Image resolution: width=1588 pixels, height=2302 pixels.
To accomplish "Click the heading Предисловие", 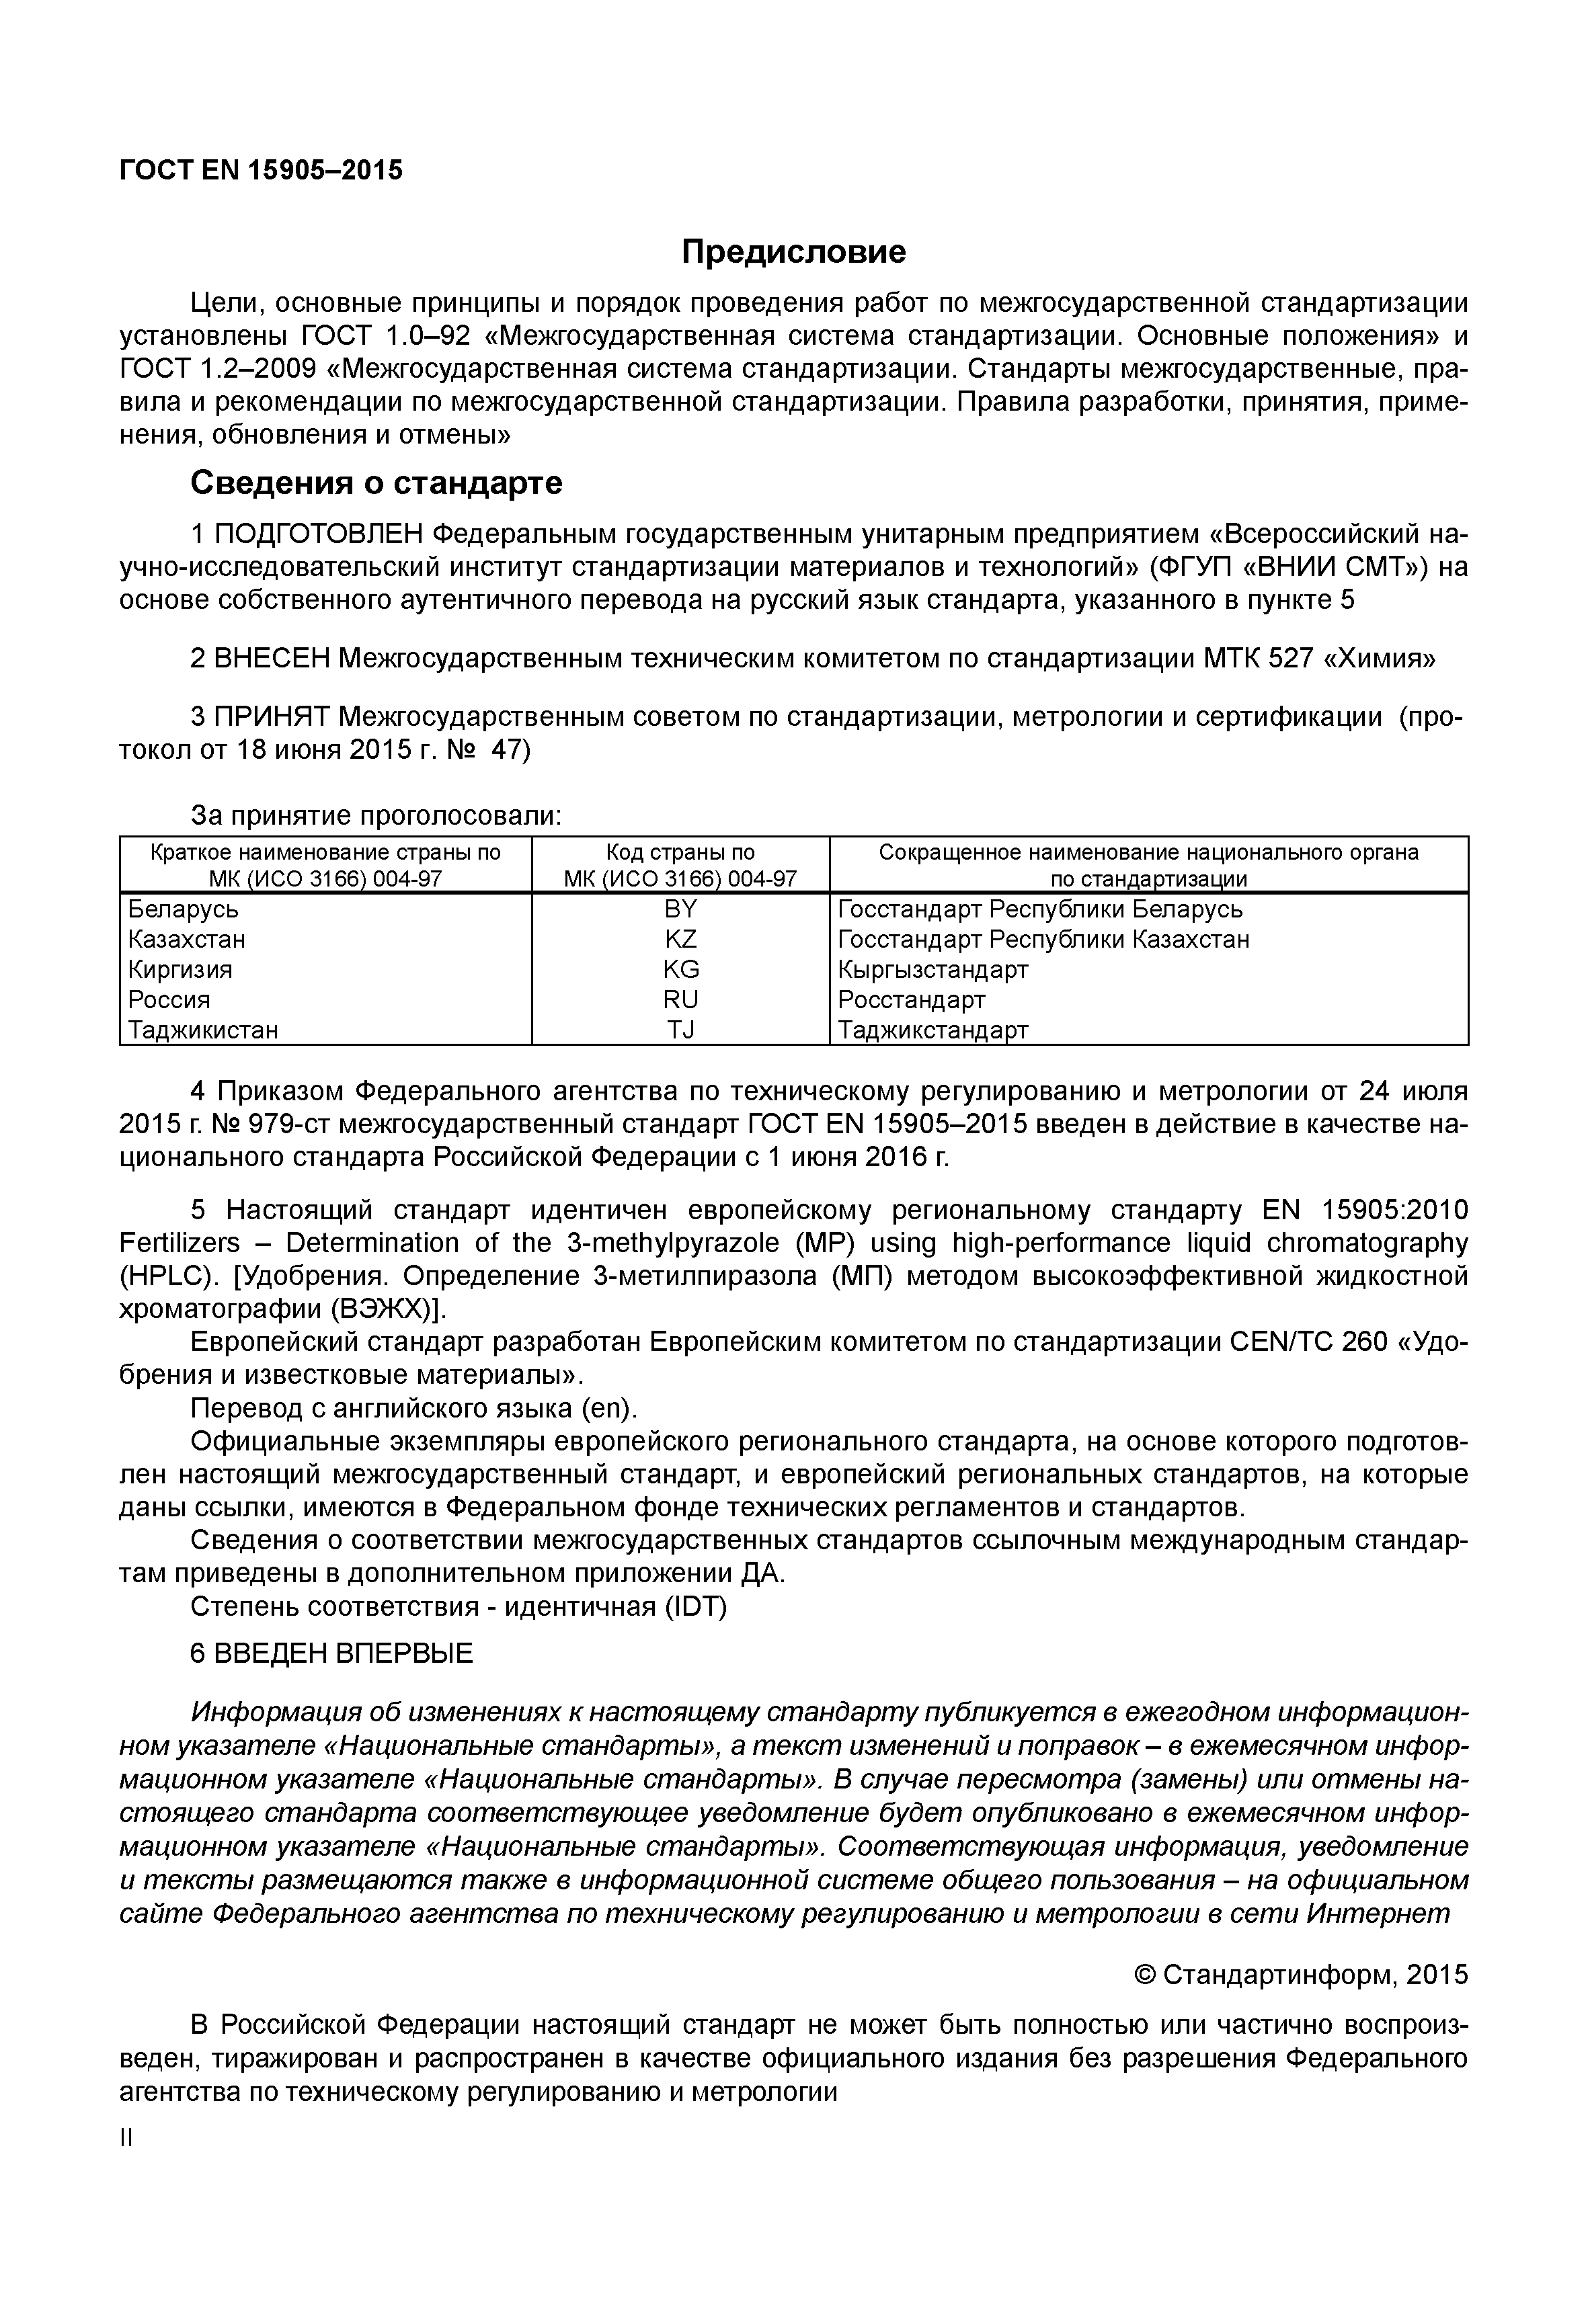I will [x=793, y=251].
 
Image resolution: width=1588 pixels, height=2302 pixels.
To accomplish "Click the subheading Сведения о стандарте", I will [x=376, y=483].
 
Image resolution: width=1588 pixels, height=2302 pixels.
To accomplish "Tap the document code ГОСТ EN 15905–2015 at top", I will [x=261, y=170].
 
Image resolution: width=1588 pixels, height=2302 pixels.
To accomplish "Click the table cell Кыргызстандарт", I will [x=932, y=969].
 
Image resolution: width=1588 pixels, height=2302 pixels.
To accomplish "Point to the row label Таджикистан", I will [x=203, y=1030].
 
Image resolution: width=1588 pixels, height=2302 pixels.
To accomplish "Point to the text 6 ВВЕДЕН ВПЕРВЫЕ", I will [x=331, y=1653].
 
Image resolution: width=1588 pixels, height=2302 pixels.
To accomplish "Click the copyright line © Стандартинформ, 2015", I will [x=1300, y=1975].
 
